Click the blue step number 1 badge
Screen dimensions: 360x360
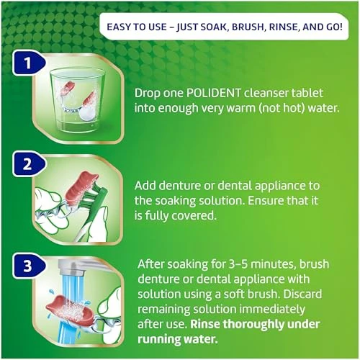coord(29,63)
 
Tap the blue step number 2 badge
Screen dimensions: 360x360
coord(29,164)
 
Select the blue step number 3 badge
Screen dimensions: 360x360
coord(29,266)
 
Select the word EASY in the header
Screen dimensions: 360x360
coord(118,27)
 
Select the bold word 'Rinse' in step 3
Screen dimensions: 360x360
coord(205,324)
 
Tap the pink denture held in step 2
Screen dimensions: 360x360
coord(81,186)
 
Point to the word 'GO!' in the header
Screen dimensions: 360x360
coord(334,27)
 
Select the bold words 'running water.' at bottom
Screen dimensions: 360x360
coord(178,340)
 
